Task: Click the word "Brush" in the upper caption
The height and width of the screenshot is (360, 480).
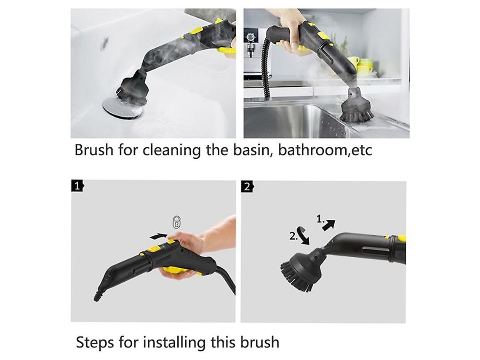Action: (x=93, y=150)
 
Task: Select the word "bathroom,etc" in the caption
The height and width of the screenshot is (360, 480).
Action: (x=325, y=150)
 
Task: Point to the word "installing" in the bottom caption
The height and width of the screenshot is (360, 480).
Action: (x=174, y=342)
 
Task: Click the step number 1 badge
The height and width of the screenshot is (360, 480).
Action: (x=77, y=186)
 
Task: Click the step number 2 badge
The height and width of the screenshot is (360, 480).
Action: (x=247, y=187)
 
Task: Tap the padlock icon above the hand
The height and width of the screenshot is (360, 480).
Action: (x=177, y=222)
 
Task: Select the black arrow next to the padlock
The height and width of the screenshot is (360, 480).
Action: (x=159, y=236)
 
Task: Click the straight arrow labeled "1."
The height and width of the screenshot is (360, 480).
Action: (x=329, y=225)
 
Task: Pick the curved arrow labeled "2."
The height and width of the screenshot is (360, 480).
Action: (x=304, y=235)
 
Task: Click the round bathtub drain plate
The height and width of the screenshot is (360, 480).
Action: (x=122, y=108)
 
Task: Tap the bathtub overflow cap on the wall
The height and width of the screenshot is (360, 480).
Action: (x=105, y=42)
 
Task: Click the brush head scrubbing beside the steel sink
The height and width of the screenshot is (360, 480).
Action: (x=357, y=108)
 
